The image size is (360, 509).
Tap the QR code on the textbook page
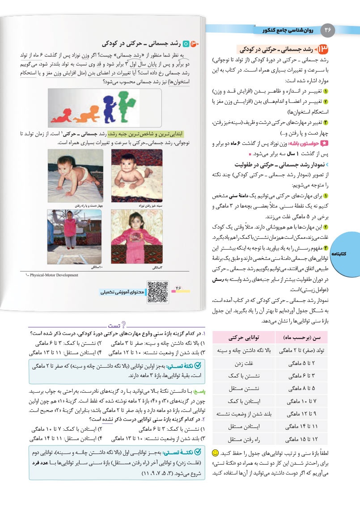pos(157,291)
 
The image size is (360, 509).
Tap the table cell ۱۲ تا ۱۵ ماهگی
pos(299,439)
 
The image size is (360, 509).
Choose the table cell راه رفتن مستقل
pos(241,439)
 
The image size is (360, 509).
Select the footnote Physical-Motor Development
pos(51,275)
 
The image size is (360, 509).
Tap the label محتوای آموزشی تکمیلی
pos(122,292)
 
